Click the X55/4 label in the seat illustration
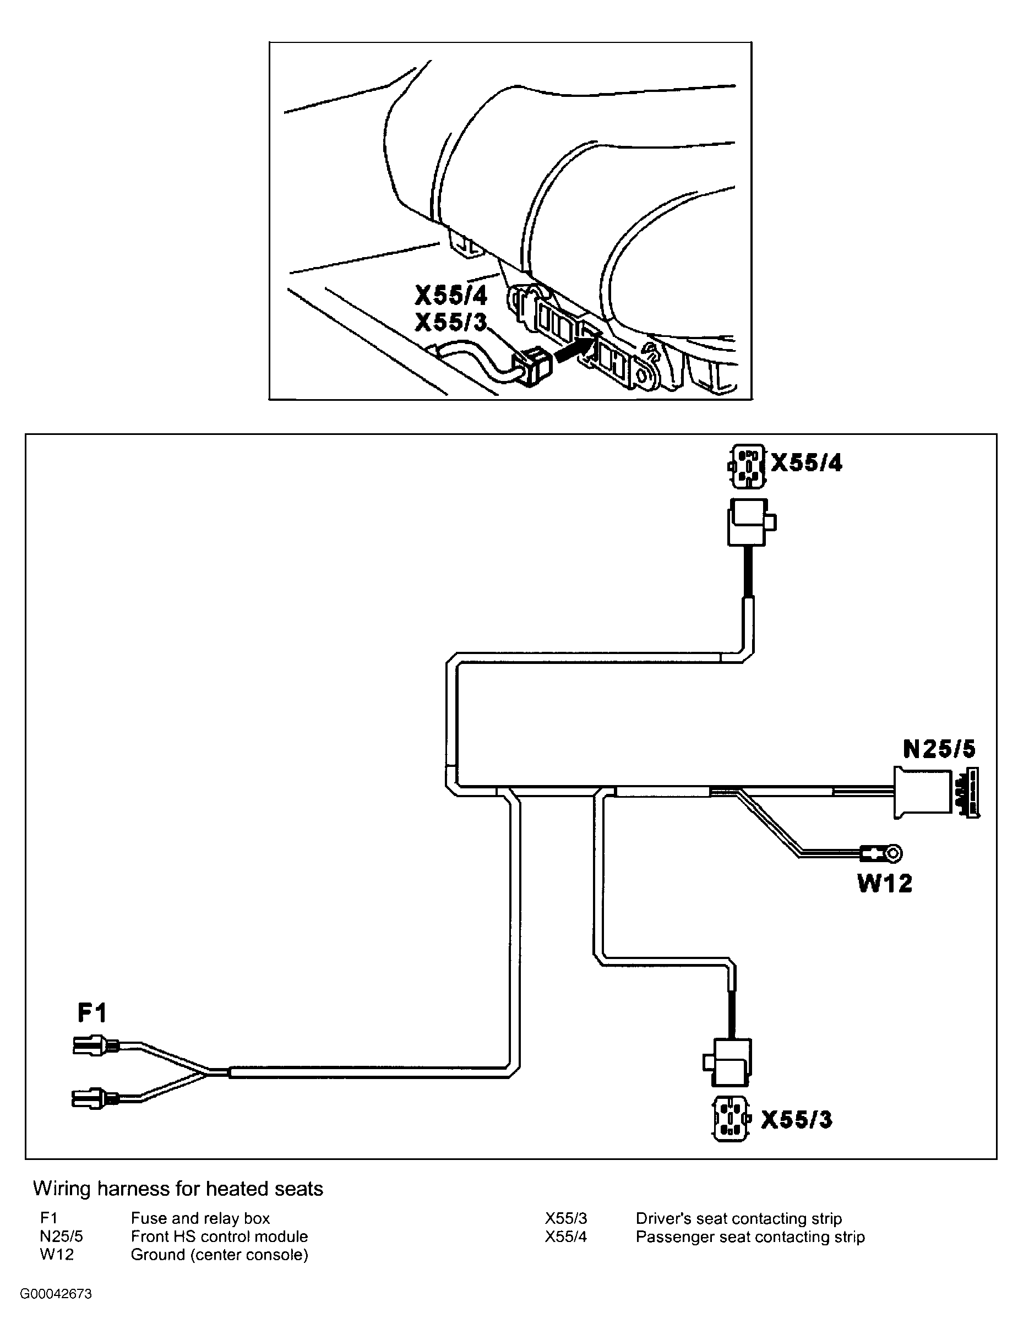tap(451, 296)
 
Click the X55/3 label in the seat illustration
tap(451, 322)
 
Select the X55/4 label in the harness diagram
tap(807, 464)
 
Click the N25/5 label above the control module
tap(939, 749)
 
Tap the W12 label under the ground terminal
tap(885, 884)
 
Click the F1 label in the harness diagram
tap(92, 1012)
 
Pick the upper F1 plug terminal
tap(96, 1045)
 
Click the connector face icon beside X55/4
tap(747, 466)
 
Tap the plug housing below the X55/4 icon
tap(750, 522)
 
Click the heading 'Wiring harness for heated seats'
tap(178, 1189)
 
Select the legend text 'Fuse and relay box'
tap(200, 1218)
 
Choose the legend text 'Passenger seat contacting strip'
tap(750, 1236)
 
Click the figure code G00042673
tap(56, 1294)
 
